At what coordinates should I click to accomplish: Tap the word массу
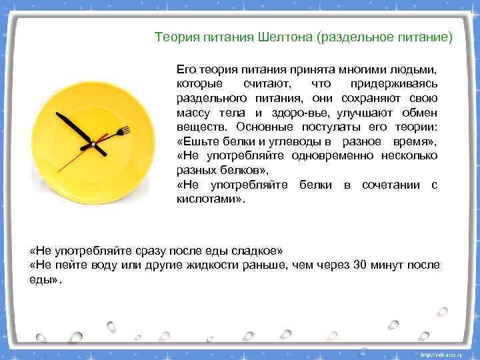[x=193, y=112]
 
